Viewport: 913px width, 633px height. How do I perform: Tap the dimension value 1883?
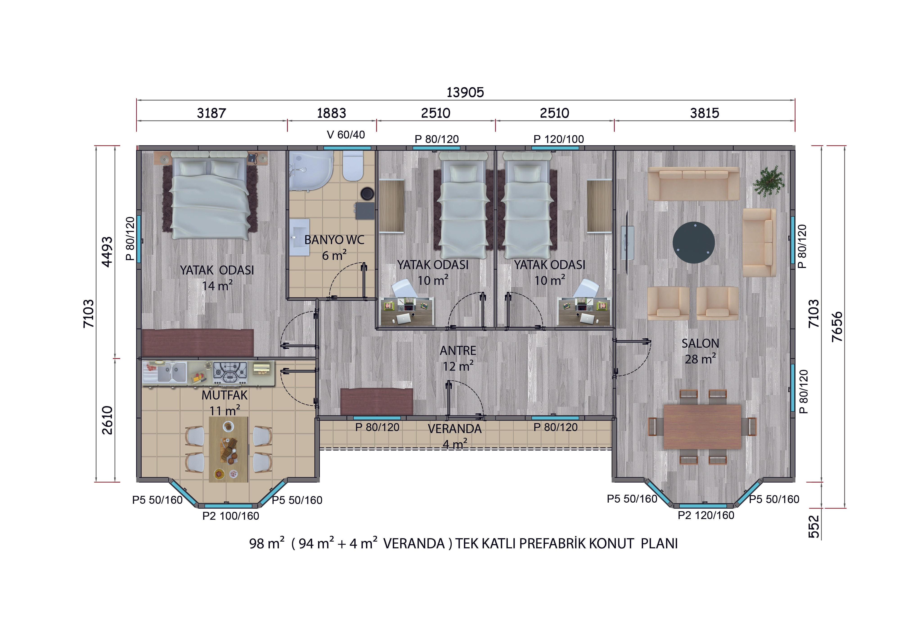pos(331,113)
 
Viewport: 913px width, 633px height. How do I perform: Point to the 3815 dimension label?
pos(705,113)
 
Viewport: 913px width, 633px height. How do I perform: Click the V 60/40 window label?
pos(346,135)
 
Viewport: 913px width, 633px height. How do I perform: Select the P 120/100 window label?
pos(559,139)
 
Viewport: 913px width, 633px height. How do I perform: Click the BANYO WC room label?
pos(334,240)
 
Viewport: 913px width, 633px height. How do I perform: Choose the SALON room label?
pos(700,343)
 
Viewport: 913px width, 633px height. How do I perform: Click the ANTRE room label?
pos(458,351)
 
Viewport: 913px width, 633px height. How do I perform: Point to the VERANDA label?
pos(455,429)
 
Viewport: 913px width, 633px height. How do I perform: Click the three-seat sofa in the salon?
pos(693,184)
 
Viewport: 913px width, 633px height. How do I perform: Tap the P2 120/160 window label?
pos(706,515)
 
